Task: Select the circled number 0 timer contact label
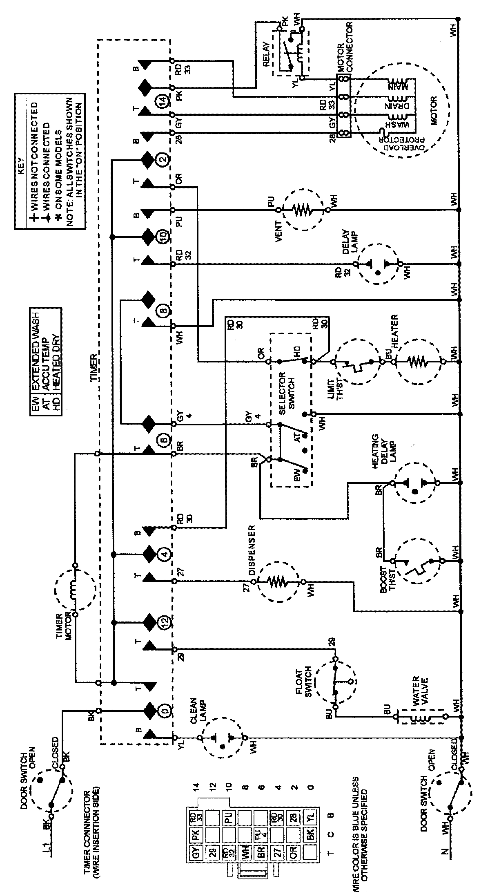click(x=164, y=711)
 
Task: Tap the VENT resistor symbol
click(x=303, y=210)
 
